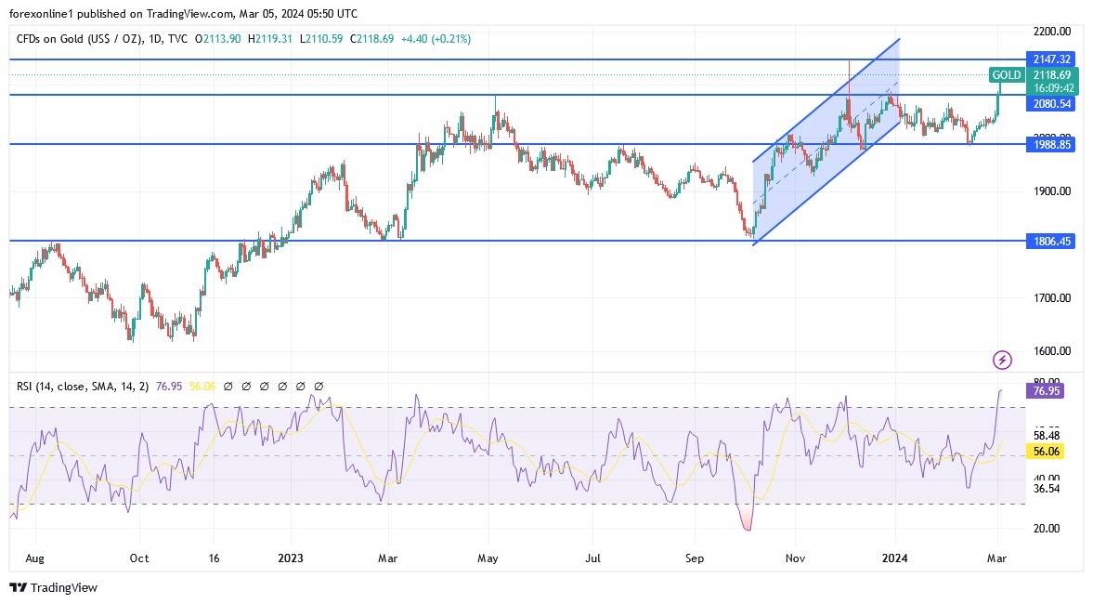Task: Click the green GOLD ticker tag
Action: coord(1007,74)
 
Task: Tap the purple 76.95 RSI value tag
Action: coord(1046,391)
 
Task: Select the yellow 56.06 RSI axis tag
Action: coord(1046,451)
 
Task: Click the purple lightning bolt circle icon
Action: coord(1002,360)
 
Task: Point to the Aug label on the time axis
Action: coord(34,558)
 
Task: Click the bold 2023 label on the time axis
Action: coord(291,558)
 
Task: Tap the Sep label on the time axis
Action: coord(695,558)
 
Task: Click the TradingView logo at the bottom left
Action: coord(53,587)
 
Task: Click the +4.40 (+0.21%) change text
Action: coord(438,39)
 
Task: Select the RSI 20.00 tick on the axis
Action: coord(1046,528)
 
